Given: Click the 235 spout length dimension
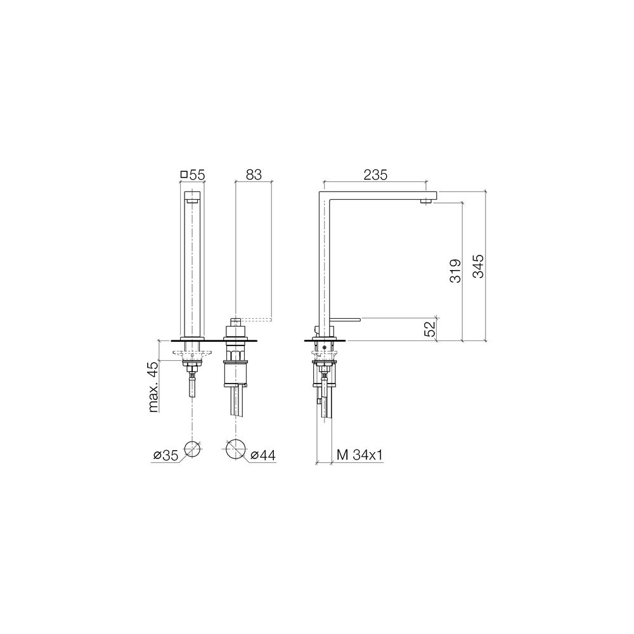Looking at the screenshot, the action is (375, 175).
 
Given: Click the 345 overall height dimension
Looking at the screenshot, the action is (478, 266).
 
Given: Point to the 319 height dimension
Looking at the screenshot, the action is (455, 271).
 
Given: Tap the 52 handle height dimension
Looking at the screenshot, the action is (430, 328).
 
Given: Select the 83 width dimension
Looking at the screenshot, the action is (254, 175).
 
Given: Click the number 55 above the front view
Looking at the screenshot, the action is (197, 175).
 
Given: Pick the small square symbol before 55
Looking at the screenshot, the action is (184, 175).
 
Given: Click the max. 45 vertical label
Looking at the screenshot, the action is (153, 387).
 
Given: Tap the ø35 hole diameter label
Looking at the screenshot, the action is (165, 456).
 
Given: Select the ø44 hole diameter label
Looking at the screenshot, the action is (263, 456).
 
